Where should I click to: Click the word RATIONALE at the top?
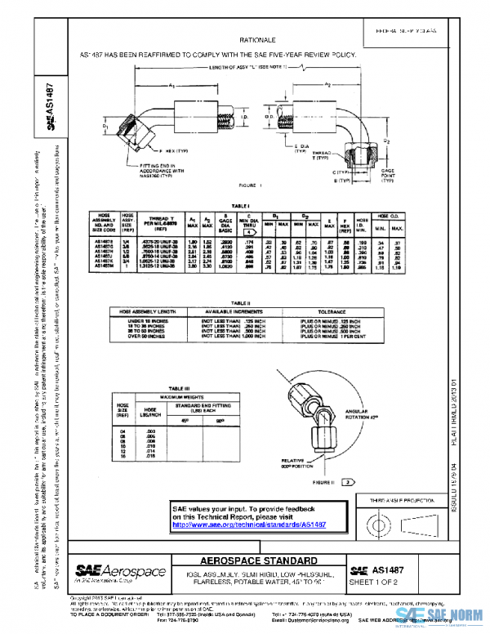coord(256,39)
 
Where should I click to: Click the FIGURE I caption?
coord(250,186)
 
